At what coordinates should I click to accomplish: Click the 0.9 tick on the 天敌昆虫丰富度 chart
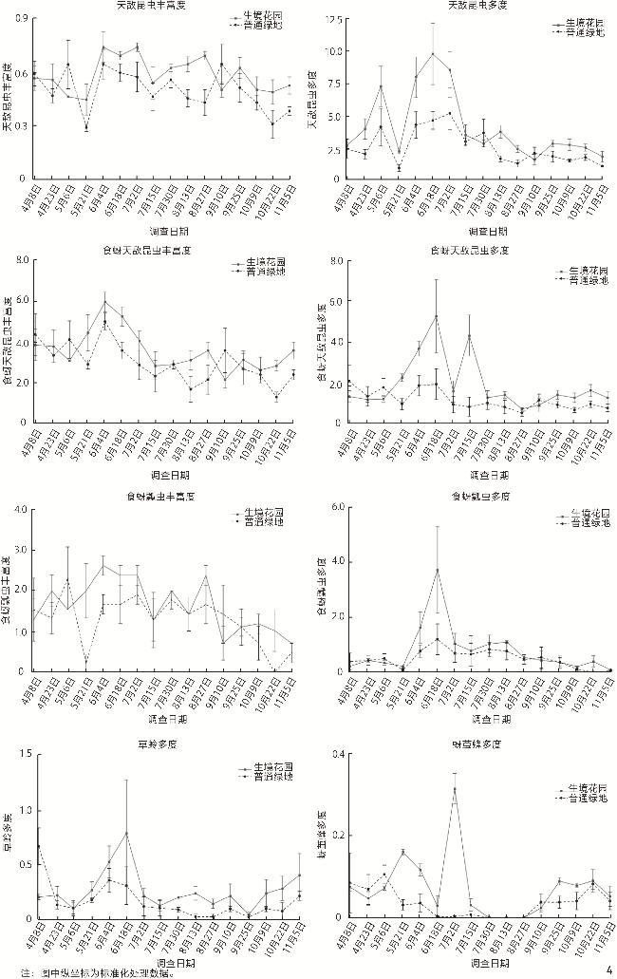tap(21, 19)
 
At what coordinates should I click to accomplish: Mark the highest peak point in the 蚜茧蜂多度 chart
tap(454, 790)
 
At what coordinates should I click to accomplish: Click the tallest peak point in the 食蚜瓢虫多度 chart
tap(437, 570)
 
